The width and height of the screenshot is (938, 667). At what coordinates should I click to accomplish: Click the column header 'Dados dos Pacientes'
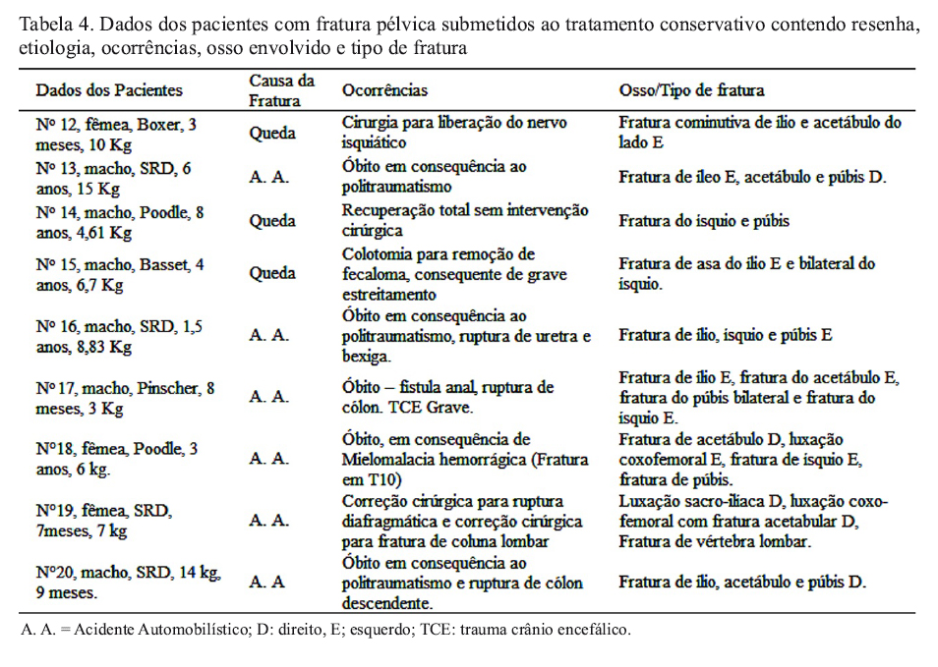pos(109,90)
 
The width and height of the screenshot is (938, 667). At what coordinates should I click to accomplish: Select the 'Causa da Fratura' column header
pos(281,90)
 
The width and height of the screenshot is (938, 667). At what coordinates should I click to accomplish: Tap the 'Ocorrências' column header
pos(384,90)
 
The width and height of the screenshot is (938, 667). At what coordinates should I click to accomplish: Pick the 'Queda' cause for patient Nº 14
pos(271,221)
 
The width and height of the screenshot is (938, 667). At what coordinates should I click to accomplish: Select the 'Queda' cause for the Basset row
pos(271,273)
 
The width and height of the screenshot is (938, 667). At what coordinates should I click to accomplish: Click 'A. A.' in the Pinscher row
pos(268,397)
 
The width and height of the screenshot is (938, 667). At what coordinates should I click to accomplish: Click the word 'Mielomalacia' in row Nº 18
pos(388,458)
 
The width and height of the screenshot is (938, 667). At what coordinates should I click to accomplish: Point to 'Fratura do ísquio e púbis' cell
pos(704,221)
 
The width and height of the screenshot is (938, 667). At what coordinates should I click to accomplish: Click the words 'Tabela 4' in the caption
pos(55,24)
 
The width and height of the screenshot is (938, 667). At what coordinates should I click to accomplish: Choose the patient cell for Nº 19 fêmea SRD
pos(103,521)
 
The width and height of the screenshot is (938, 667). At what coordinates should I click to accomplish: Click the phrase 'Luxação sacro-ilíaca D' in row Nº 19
pos(701,502)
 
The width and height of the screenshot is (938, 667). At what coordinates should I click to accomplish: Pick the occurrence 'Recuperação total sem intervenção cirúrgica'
pos(465,220)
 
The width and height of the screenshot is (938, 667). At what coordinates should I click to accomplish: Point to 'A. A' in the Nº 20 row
pos(266,582)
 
